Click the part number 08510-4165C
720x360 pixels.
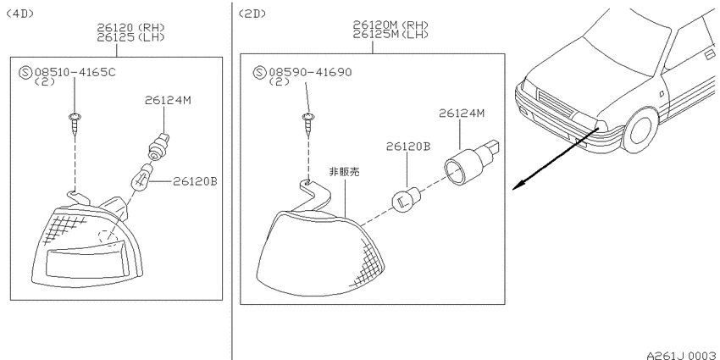75,72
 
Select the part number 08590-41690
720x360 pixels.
310,72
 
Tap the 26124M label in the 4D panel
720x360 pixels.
168,100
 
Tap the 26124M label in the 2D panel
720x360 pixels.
462,113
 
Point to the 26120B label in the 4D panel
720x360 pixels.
195,181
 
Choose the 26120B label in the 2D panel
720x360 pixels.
408,147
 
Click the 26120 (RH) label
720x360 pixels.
130,28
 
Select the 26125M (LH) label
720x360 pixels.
390,34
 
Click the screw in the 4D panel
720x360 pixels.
74,123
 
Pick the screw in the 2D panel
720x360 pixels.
308,124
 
